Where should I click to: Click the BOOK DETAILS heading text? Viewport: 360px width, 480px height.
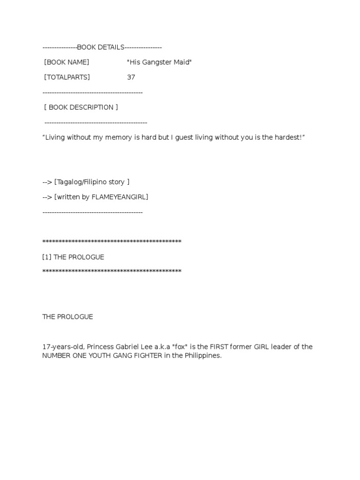(x=101, y=47)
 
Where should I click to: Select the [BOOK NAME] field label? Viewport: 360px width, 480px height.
(x=67, y=62)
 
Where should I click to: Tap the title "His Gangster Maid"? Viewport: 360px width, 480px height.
(x=159, y=62)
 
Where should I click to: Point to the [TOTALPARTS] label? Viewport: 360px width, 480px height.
(x=67, y=77)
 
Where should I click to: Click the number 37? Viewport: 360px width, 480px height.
(x=131, y=77)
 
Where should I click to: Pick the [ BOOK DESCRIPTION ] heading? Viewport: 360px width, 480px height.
(x=81, y=107)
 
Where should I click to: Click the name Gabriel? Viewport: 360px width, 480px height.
(x=133, y=347)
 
